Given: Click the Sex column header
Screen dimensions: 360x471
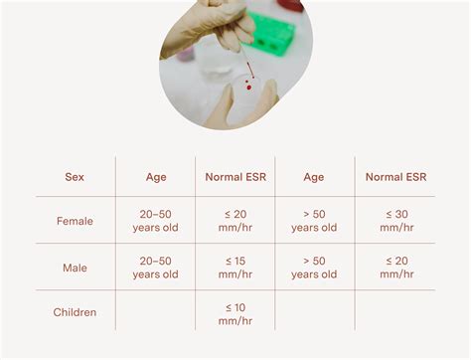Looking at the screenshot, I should (x=75, y=177).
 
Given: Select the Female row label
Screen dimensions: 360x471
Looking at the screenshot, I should (x=75, y=221).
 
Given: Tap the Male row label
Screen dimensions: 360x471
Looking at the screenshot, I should (x=75, y=267).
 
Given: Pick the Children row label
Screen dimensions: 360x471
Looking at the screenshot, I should (x=75, y=312).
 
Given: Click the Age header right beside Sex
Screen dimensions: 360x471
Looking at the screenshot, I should (x=155, y=177).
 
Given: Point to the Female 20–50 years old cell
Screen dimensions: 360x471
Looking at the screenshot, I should (x=155, y=221).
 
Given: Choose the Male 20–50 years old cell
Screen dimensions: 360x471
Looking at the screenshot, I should (x=155, y=267).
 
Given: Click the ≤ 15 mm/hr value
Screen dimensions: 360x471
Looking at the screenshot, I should (x=235, y=267).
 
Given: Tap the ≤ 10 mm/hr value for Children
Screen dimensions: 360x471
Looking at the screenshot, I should (x=235, y=312).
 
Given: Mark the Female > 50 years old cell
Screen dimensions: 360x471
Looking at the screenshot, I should (x=314, y=221).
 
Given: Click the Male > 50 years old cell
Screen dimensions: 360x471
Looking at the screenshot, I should (x=314, y=267).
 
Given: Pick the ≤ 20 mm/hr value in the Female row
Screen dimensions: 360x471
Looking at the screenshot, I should (x=235, y=221).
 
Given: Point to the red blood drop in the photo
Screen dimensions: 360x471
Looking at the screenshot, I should (x=247, y=88).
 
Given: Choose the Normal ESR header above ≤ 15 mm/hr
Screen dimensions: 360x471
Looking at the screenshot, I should (x=235, y=177).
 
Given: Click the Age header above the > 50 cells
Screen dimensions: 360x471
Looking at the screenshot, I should (x=314, y=177).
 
